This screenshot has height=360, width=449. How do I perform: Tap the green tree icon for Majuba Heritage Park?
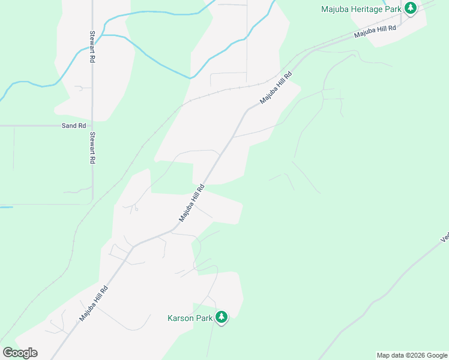point(411,9)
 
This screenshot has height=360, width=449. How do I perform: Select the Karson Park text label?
point(190,318)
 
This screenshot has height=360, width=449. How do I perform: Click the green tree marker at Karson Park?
point(221,317)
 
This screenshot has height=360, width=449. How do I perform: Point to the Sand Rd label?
point(74,126)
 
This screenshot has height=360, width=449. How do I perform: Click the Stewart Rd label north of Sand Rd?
point(93,48)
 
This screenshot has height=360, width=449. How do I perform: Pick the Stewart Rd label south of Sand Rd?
point(93,148)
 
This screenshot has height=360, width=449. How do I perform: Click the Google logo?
point(20,353)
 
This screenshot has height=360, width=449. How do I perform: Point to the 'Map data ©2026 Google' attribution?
point(412,355)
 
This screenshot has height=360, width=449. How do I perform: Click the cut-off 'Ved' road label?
point(445,238)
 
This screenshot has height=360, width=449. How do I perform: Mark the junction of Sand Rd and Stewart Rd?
point(92,126)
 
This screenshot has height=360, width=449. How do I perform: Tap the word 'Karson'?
point(181,318)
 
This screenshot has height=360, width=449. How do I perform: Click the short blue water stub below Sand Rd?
point(6,208)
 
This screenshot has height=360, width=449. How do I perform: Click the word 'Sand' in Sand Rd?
point(68,126)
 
